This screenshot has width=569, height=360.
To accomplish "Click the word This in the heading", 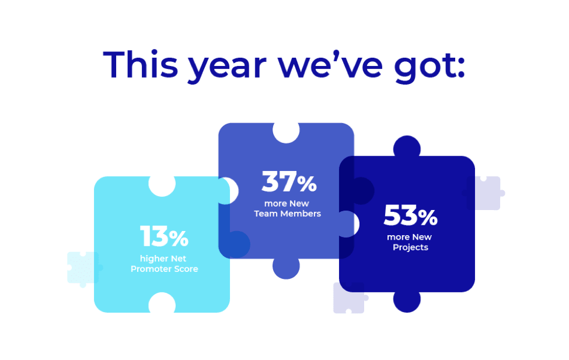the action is click(141, 65).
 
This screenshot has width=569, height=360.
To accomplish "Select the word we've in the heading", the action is click(330, 65).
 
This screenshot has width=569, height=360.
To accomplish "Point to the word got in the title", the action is click(430, 68).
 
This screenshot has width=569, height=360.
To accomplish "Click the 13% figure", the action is click(164, 236).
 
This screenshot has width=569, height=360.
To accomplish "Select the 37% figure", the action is click(289, 181).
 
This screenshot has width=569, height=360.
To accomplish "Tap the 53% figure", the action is click(410, 215).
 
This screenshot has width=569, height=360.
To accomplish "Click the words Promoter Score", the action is click(165, 269).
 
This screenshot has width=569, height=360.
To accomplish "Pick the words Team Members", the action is click(287, 214).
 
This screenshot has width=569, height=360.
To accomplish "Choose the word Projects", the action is click(410, 247).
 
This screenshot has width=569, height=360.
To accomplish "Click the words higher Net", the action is click(163, 258).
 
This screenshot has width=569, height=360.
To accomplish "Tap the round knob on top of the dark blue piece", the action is click(407, 146).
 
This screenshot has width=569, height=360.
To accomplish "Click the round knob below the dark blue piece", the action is click(407, 302).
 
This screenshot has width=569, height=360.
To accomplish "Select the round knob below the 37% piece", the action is click(286, 268).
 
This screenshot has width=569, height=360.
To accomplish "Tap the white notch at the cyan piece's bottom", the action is click(162, 303).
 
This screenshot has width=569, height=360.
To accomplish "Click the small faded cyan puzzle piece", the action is click(83, 268).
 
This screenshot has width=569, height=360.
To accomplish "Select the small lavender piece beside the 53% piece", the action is click(484, 193).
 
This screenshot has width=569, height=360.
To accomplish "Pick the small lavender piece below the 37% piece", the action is click(349, 298).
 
